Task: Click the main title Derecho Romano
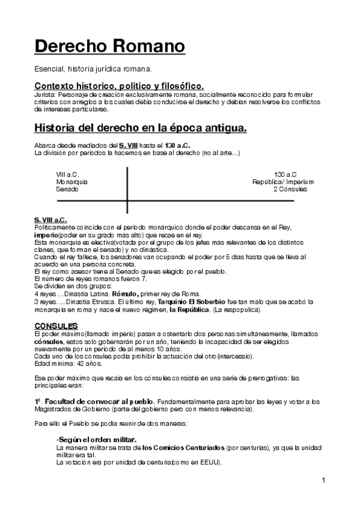pos(109,46)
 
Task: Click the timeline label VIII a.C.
pos(68,174)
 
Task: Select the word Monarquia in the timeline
pos(72,181)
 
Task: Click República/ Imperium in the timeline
pos(283,181)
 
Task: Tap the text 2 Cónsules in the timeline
pos(290,189)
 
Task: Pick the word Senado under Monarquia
pos(67,189)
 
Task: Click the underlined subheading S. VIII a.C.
pos(50,220)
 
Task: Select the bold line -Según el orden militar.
pos(96,440)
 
